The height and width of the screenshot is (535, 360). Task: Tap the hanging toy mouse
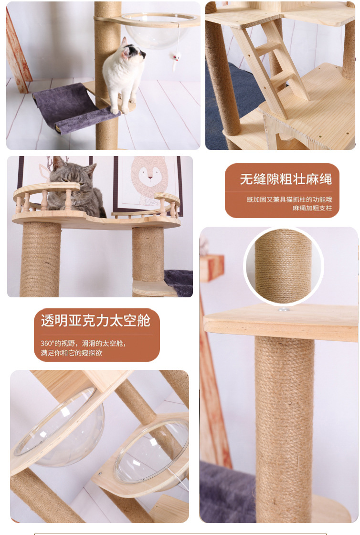(176, 58)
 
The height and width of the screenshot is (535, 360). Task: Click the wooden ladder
(270, 65)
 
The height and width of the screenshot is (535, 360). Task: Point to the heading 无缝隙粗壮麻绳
(286, 179)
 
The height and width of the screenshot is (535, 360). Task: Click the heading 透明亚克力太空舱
(95, 321)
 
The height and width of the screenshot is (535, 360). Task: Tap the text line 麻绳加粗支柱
(312, 208)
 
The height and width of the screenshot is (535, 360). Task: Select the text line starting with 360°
(83, 343)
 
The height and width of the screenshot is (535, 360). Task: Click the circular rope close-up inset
(284, 266)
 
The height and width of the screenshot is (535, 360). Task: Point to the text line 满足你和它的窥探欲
(71, 353)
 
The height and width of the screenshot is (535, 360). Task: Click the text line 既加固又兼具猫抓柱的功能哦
(289, 199)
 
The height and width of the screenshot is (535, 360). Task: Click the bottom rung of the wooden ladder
(281, 78)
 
